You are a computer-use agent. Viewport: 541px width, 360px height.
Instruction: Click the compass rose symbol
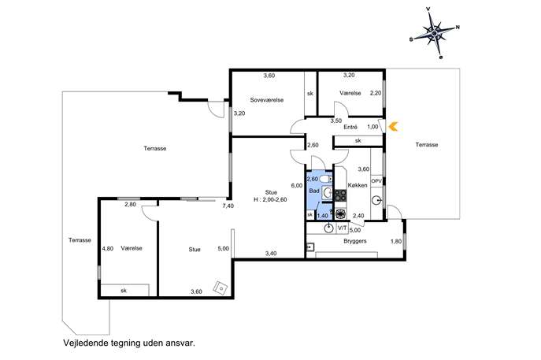pos(435,32)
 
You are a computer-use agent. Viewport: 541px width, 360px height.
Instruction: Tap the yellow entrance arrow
pos(393,127)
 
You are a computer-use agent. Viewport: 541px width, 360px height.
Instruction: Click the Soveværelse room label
pos(267,100)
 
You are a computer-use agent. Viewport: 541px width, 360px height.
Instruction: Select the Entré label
pos(350,127)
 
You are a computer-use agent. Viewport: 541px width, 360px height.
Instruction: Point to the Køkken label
pos(358,185)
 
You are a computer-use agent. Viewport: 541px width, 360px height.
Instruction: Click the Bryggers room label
pos(355,241)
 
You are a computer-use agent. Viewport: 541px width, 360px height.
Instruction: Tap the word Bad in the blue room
pos(314,191)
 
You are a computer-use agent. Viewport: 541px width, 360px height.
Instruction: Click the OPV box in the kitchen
pos(376,181)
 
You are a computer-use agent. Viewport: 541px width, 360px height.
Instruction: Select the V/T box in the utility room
pos(343,228)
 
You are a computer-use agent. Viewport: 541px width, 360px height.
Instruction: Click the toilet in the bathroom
pos(325,179)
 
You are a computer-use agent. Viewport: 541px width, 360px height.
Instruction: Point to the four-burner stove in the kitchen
pos(340,195)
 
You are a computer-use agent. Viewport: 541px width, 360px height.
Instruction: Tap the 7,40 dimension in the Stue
pos(228,206)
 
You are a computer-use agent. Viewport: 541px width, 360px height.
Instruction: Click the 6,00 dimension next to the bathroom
pos(297,185)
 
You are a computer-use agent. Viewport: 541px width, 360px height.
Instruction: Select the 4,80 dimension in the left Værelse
pos(108,248)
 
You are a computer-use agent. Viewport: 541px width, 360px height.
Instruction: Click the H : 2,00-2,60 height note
pos(271,199)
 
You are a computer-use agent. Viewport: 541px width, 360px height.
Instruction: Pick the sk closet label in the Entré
pos(358,140)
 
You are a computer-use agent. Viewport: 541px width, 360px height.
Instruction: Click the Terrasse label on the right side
pos(427,145)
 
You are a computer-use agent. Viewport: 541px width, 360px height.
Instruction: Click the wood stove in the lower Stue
pos(220,288)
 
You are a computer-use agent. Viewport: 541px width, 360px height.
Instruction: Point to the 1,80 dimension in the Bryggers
pos(396,241)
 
